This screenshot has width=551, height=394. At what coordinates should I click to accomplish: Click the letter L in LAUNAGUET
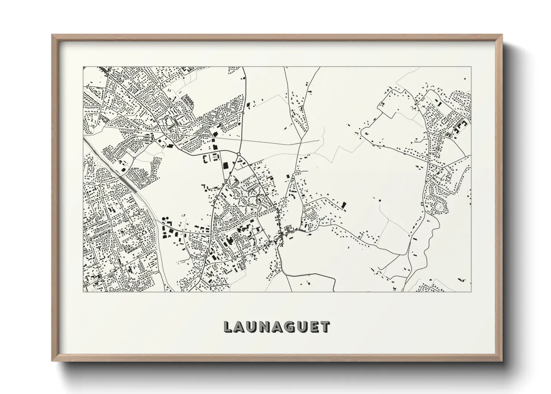point(227,327)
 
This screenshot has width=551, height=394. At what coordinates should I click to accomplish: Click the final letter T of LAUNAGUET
point(325,327)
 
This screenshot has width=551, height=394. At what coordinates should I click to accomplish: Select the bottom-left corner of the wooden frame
point(52,361)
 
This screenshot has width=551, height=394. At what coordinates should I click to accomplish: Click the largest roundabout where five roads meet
point(238,154)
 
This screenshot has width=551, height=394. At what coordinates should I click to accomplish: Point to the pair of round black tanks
point(165,219)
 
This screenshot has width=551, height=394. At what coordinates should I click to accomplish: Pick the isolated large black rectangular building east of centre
point(344,205)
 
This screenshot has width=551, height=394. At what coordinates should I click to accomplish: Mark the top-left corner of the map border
point(83,67)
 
